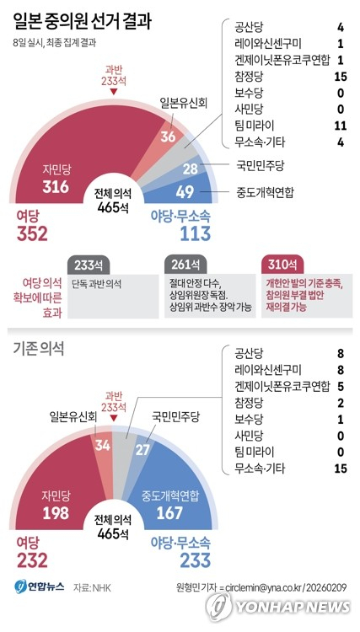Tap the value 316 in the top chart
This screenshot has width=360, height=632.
(56, 186)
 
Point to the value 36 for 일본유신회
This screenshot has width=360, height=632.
(169, 137)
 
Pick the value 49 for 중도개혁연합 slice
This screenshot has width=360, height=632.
(185, 192)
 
